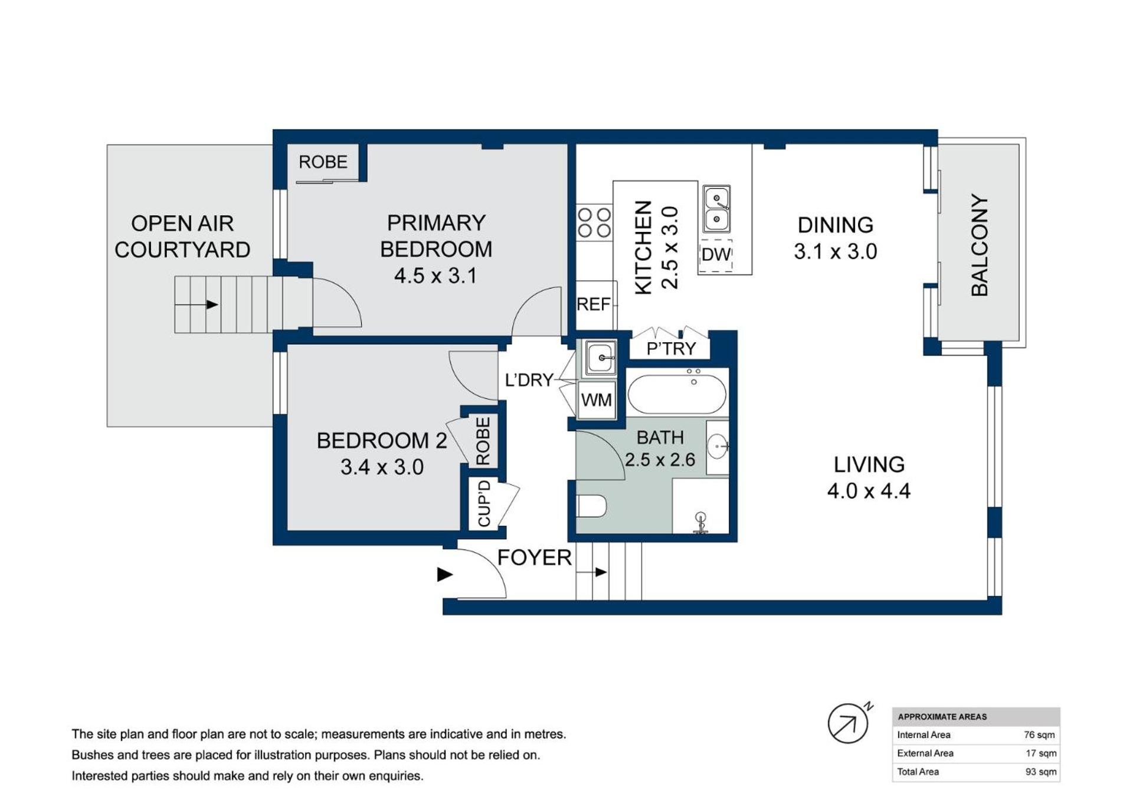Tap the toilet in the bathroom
[x=591, y=506]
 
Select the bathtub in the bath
[x=677, y=394]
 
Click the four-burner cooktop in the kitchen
[x=594, y=222]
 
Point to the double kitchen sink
[x=716, y=209]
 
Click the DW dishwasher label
[x=716, y=255]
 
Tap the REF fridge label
[x=593, y=304]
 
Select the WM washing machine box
[x=596, y=400]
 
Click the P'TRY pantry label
[x=671, y=349]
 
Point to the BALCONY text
[x=979, y=245]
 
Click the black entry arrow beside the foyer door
[x=444, y=574]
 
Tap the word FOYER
[x=535, y=558]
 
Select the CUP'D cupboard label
[x=484, y=503]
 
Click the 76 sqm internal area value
[x=1039, y=735]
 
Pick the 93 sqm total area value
[x=1041, y=772]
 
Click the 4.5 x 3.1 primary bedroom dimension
[x=435, y=276]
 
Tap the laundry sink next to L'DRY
[x=600, y=358]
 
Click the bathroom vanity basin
[x=718, y=446]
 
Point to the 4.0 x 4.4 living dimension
[x=869, y=491]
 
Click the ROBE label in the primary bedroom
[x=323, y=162]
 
